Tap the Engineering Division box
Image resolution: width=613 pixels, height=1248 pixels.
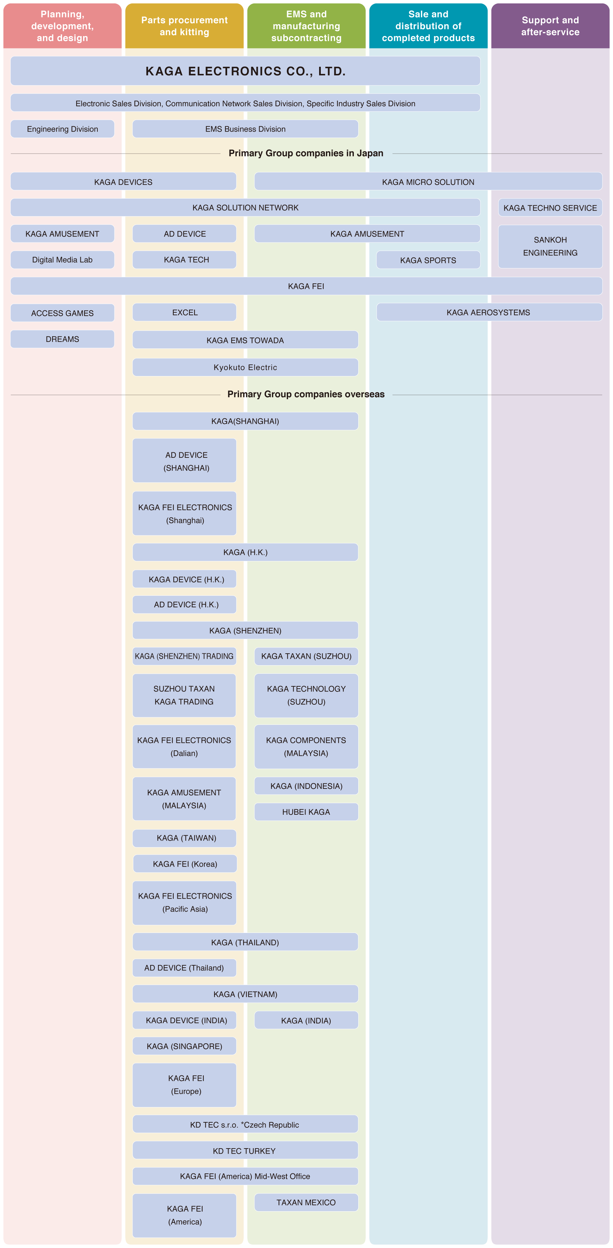(x=62, y=129)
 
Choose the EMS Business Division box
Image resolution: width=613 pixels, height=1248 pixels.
(x=246, y=129)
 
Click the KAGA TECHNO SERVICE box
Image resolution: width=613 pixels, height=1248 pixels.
(x=550, y=208)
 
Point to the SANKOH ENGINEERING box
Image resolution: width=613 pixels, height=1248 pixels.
(x=550, y=247)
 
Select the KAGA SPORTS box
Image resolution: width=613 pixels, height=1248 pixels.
(x=428, y=260)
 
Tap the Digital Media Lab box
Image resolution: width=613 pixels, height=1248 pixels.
(x=62, y=260)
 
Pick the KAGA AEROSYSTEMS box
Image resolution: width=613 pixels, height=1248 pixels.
(x=489, y=312)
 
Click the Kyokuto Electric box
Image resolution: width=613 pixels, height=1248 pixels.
(x=246, y=367)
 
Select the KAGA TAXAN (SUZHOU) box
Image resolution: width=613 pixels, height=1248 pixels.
(x=306, y=656)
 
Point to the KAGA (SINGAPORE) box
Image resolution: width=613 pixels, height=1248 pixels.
(x=185, y=1046)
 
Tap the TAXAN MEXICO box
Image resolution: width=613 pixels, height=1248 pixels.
(x=306, y=1202)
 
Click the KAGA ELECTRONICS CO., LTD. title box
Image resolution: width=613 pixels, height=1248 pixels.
(x=246, y=71)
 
